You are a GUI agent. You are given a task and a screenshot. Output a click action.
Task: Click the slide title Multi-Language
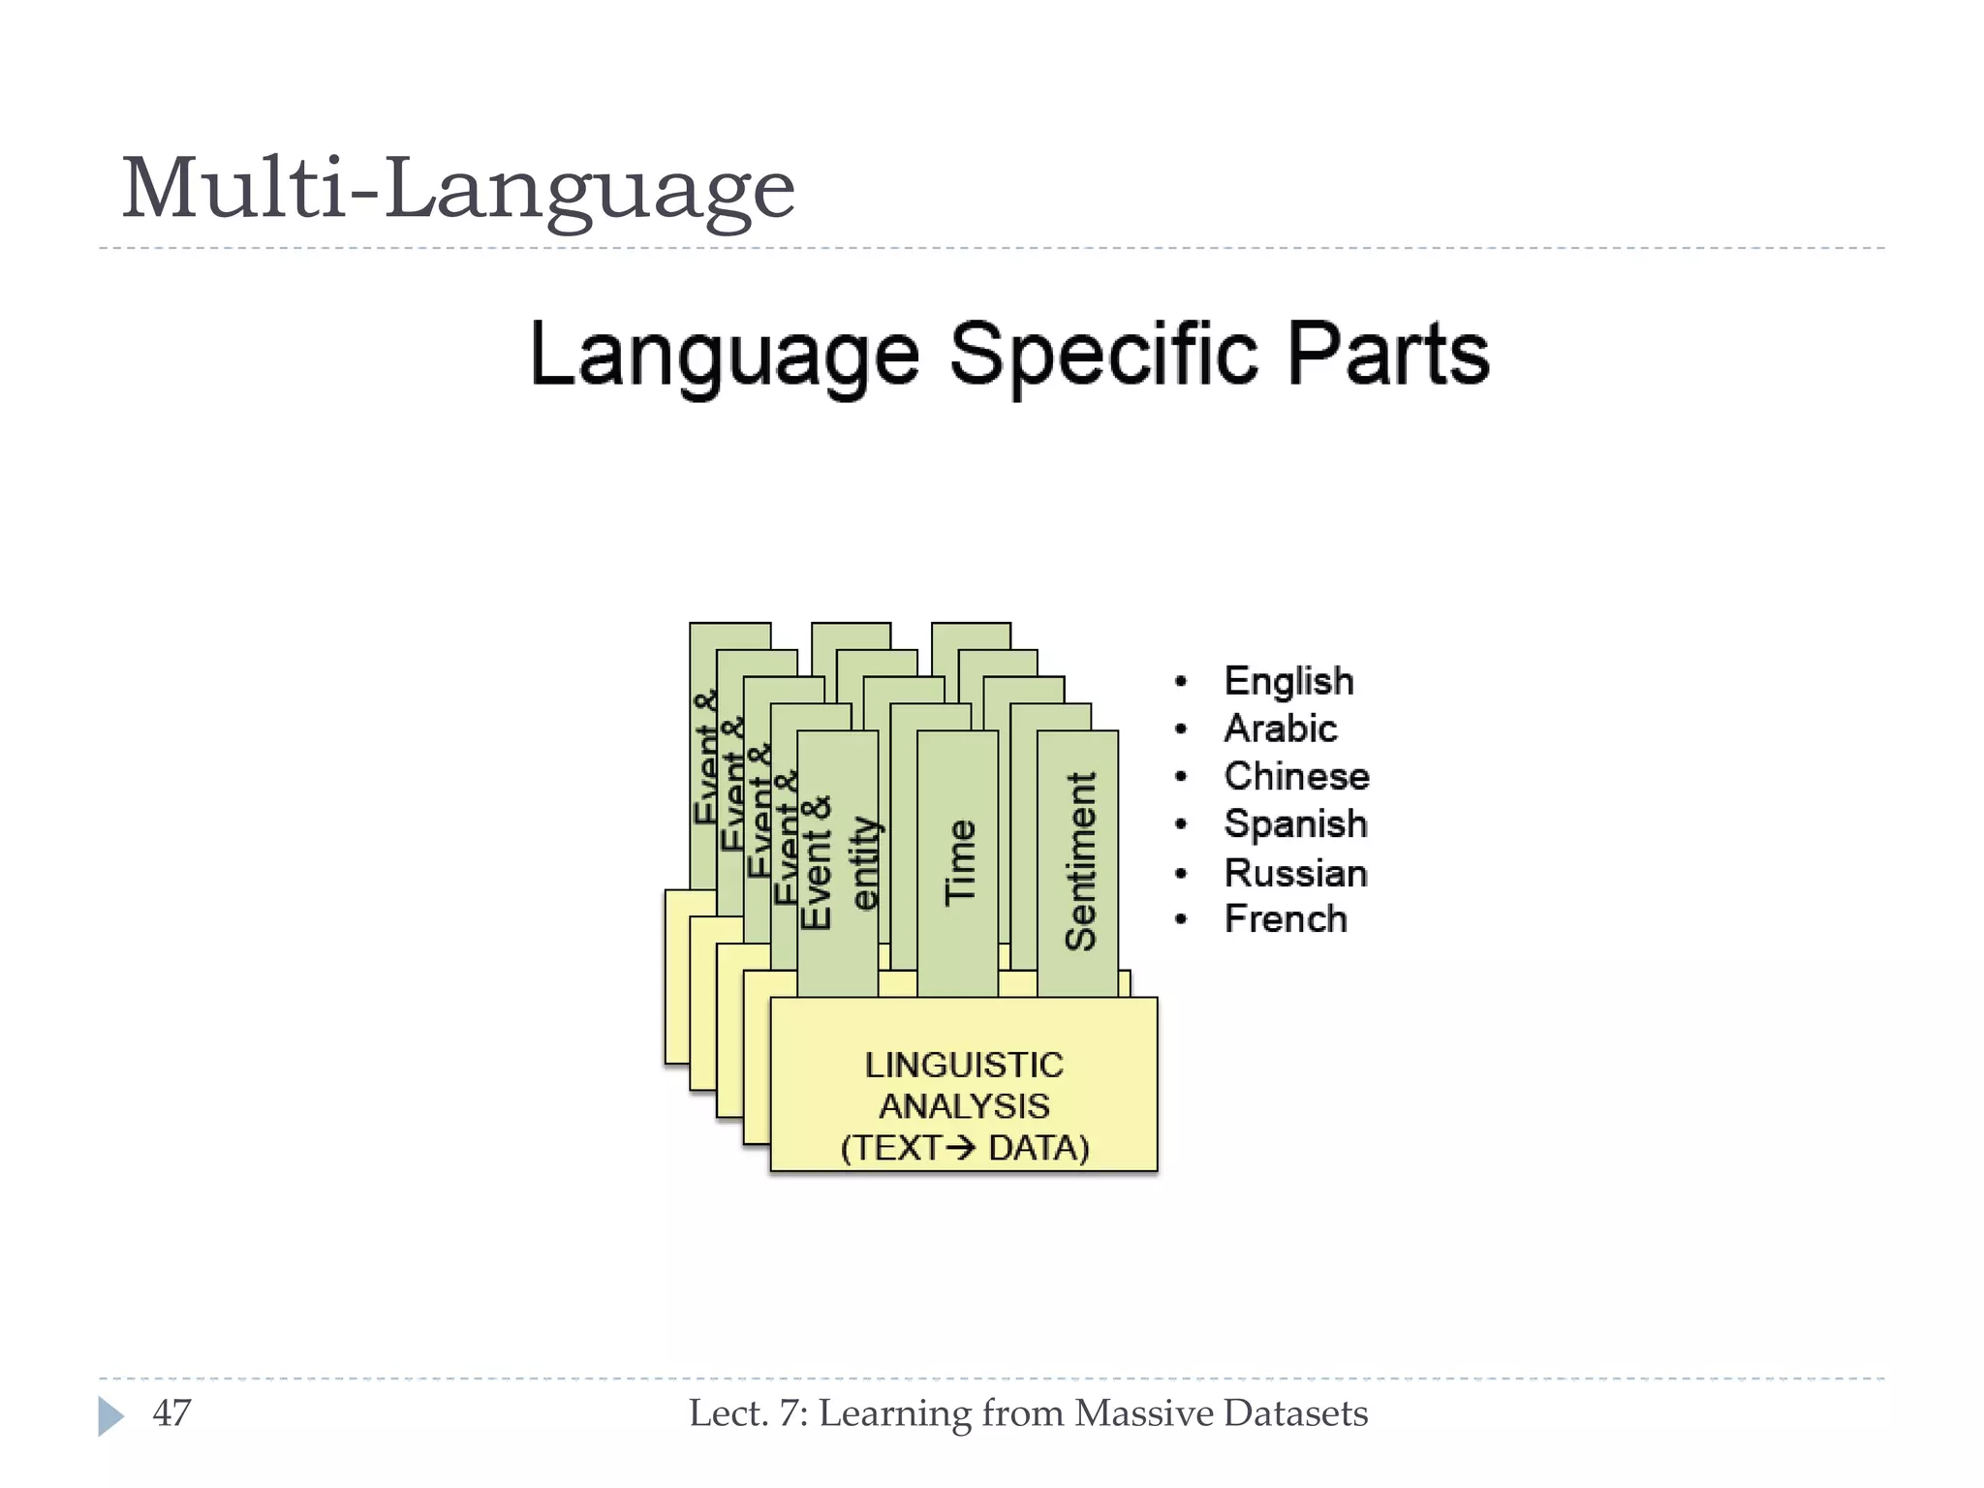[x=457, y=189]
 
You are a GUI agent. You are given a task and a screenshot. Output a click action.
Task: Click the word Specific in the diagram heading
[x=1103, y=355]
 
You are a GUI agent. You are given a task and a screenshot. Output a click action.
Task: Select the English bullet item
[x=1288, y=681]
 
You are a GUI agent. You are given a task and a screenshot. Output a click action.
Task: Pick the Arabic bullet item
[x=1280, y=728]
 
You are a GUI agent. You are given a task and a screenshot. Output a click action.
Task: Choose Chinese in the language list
[x=1296, y=776]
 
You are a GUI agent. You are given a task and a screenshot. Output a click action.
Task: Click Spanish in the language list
[x=1295, y=824]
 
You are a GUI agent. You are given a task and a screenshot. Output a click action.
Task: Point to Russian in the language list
[x=1295, y=873]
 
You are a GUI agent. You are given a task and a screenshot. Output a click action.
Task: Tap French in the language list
[x=1286, y=918]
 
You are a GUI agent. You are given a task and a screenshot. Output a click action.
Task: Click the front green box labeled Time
[x=958, y=862]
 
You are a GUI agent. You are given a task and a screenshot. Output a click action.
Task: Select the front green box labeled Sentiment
[x=1078, y=862]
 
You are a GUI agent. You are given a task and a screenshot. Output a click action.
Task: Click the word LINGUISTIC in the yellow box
[x=964, y=1065]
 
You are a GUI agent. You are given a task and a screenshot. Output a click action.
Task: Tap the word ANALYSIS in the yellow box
[x=964, y=1105]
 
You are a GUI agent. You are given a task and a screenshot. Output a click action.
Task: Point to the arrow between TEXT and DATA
[x=961, y=1148]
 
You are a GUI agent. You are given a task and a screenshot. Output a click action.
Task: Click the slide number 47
[x=171, y=1413]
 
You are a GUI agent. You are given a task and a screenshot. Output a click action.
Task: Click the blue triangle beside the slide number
[x=110, y=1416]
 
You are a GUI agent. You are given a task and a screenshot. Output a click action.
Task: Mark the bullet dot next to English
[x=1180, y=682]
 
